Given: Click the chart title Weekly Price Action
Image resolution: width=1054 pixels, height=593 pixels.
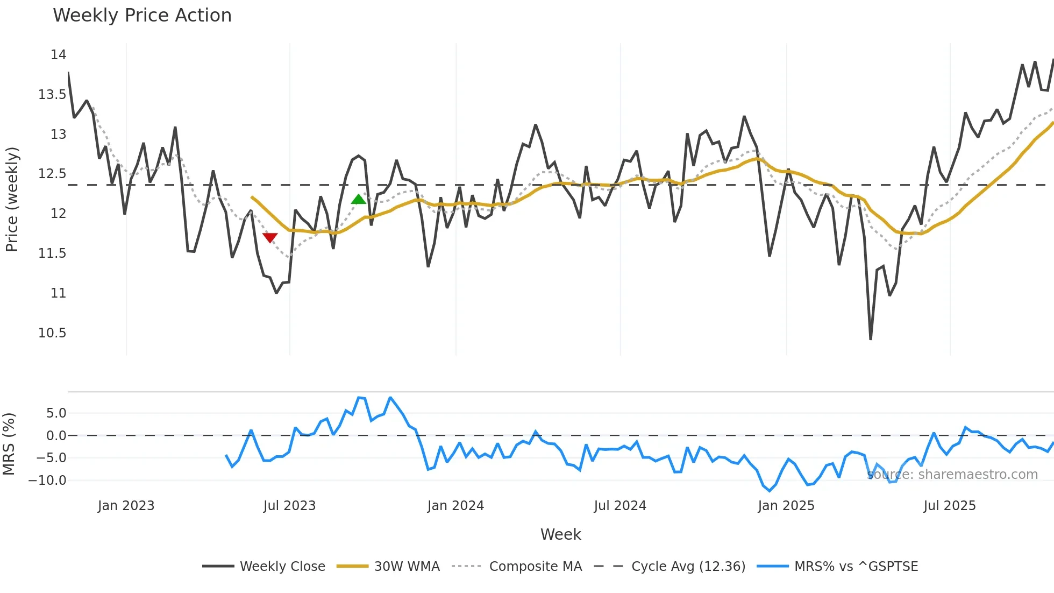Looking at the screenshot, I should pyautogui.click(x=142, y=16).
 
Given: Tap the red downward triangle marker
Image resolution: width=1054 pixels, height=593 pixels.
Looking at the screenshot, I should pyautogui.click(x=270, y=237).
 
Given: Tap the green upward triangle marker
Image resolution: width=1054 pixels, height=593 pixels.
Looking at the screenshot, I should pyautogui.click(x=358, y=200).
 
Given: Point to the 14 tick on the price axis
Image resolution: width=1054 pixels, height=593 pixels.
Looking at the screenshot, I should pyautogui.click(x=58, y=55).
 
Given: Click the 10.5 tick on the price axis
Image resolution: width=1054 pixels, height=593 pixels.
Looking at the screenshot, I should pyautogui.click(x=52, y=333).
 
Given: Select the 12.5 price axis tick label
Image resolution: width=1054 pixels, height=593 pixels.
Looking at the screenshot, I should pyautogui.click(x=52, y=174).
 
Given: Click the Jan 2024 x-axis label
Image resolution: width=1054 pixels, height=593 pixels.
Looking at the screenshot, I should pyautogui.click(x=455, y=506).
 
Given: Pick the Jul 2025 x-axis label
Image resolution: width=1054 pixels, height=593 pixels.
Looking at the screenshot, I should pyautogui.click(x=949, y=506).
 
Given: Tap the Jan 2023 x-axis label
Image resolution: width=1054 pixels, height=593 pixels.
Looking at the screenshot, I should pyautogui.click(x=126, y=506).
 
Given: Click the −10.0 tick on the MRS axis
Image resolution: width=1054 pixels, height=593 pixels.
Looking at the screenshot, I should pyautogui.click(x=47, y=481).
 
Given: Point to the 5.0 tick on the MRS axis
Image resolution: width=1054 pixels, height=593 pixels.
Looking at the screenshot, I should pyautogui.click(x=56, y=413).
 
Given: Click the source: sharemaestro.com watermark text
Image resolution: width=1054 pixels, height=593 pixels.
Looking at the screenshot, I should pyautogui.click(x=952, y=475).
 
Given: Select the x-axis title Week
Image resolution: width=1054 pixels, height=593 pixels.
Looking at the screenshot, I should pyautogui.click(x=560, y=534).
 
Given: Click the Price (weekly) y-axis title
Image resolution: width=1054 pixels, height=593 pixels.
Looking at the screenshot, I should pyautogui.click(x=12, y=199).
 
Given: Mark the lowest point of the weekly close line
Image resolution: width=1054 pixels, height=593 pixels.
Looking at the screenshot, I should pyautogui.click(x=871, y=339).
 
